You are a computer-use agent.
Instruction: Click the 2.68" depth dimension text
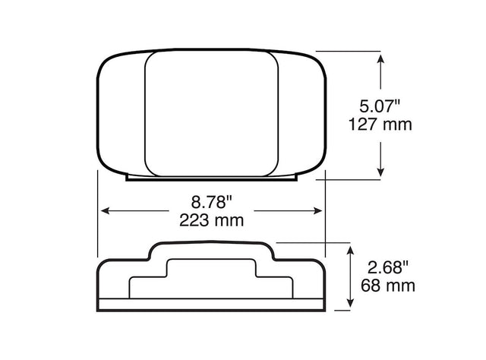click(x=388, y=267)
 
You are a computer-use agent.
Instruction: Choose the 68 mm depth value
click(x=388, y=286)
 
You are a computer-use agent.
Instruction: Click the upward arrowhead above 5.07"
click(x=380, y=57)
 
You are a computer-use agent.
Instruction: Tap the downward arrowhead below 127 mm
click(x=380, y=174)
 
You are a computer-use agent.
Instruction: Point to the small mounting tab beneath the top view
click(x=211, y=179)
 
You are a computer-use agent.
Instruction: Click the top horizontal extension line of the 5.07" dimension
click(x=349, y=51)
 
